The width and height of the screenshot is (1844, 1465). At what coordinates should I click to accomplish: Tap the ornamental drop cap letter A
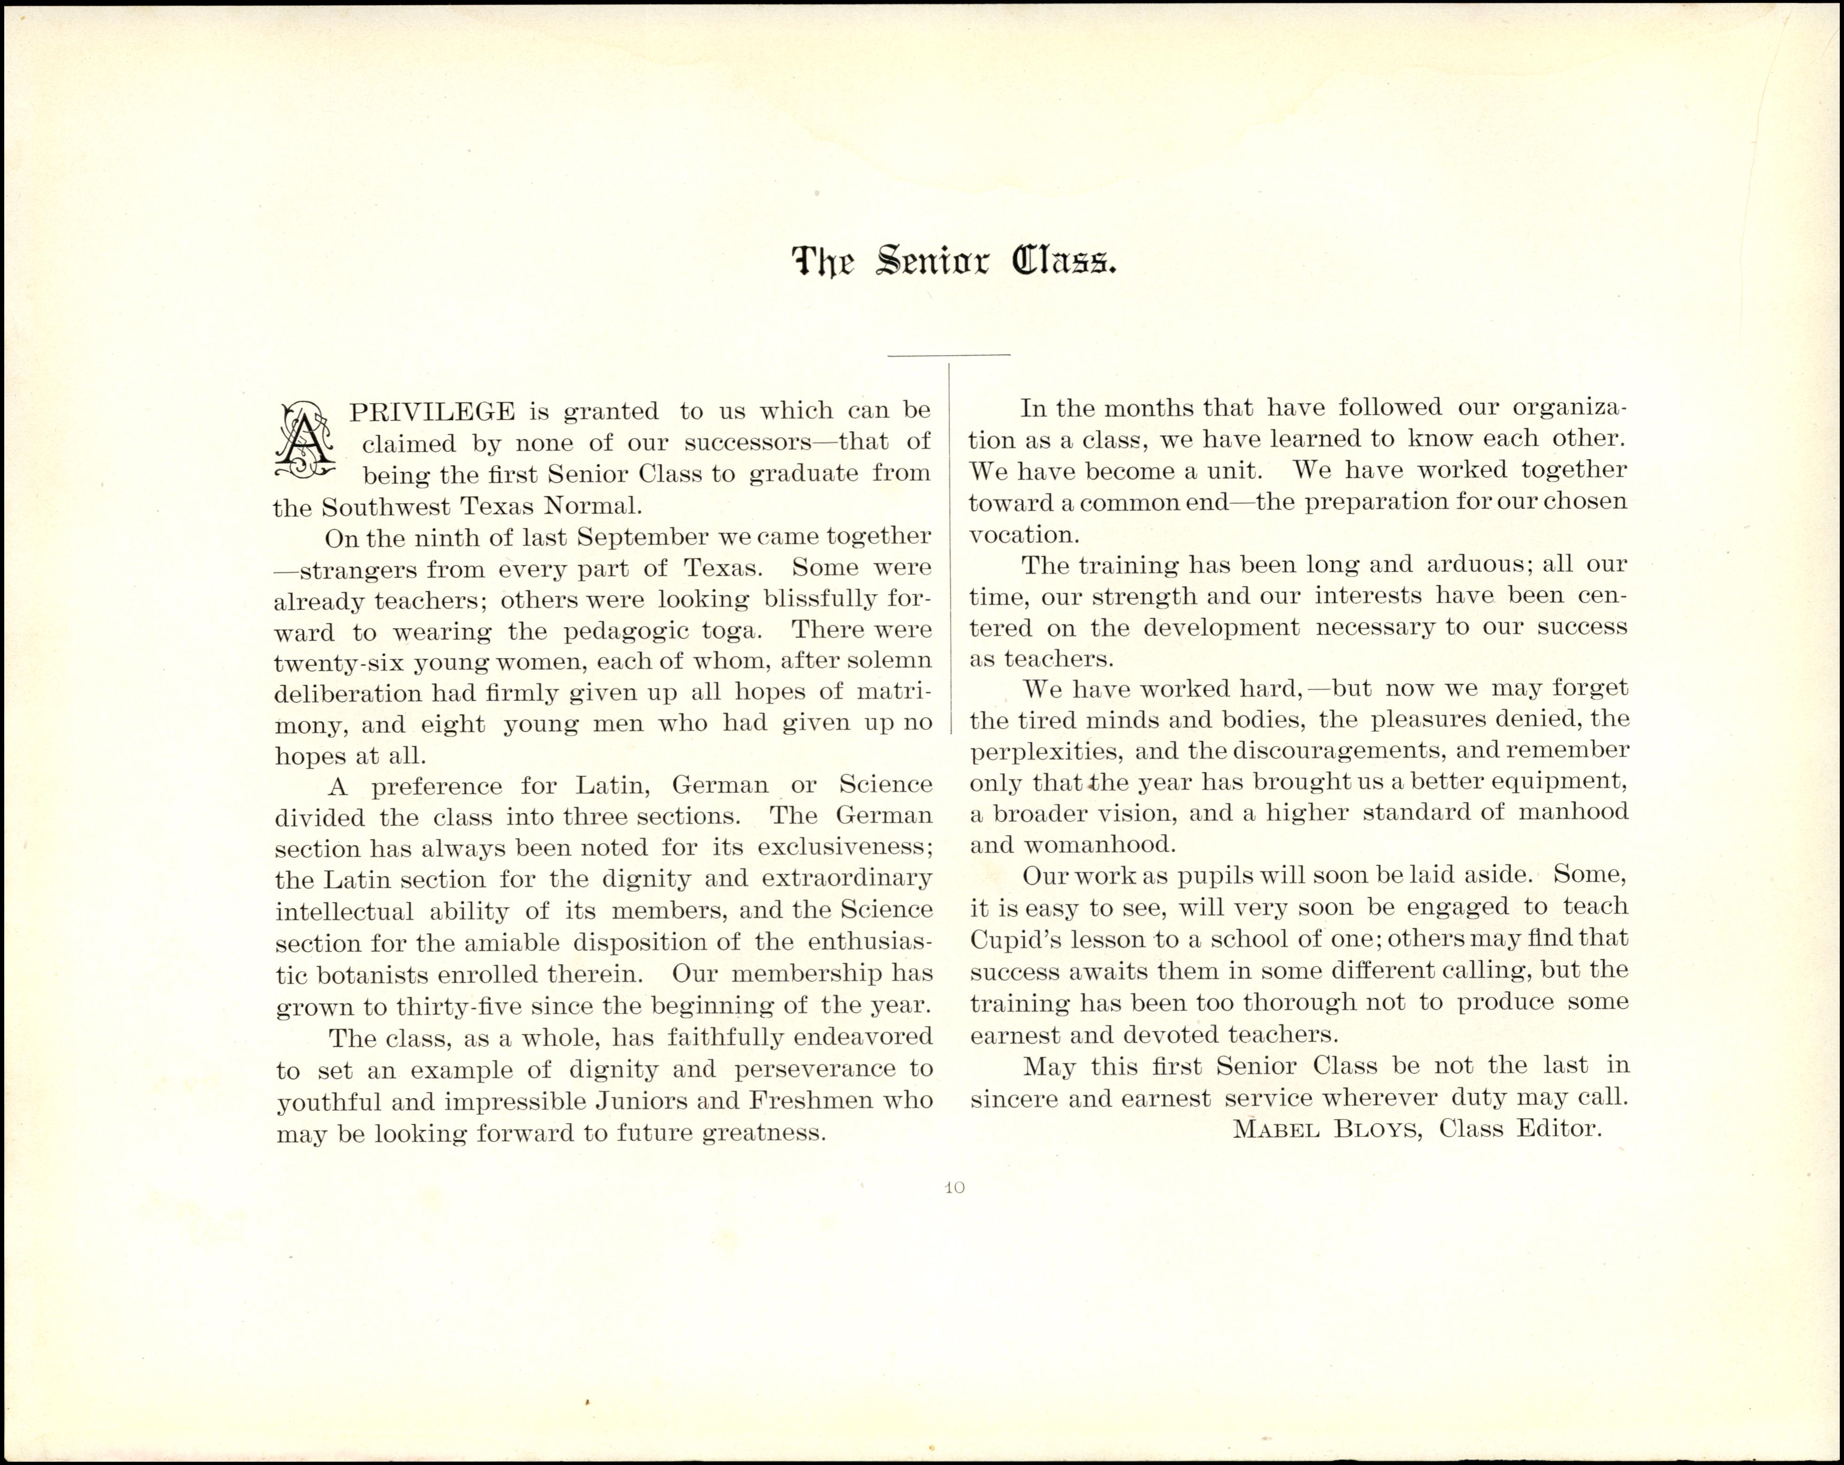pos(303,442)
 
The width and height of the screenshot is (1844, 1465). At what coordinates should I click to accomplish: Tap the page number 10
pos(954,1187)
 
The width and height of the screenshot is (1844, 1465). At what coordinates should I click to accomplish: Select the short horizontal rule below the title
pos(948,354)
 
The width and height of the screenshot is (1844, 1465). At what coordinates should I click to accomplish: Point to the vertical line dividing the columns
pos(950,547)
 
